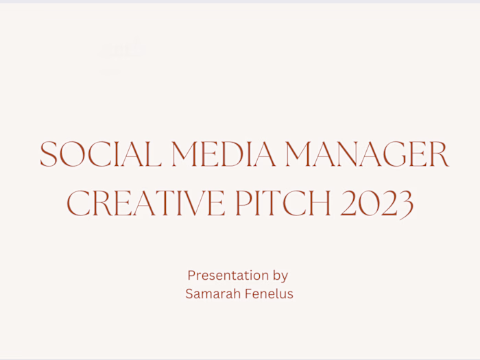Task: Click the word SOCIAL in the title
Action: click(100, 154)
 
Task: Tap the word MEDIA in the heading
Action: click(224, 154)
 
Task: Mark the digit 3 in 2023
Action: click(405, 204)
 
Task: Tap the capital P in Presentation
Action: click(191, 276)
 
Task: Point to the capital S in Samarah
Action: click(189, 293)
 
